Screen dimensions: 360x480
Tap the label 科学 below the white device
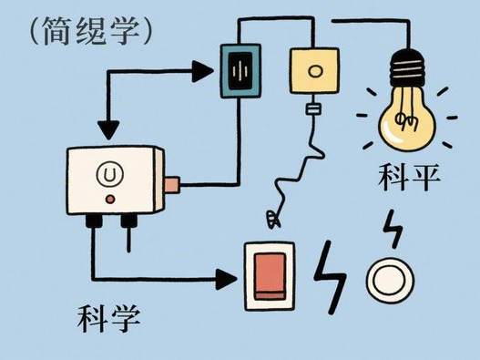tap(109, 317)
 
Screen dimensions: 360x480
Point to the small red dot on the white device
tap(110, 198)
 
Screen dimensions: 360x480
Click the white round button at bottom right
tap(390, 281)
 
